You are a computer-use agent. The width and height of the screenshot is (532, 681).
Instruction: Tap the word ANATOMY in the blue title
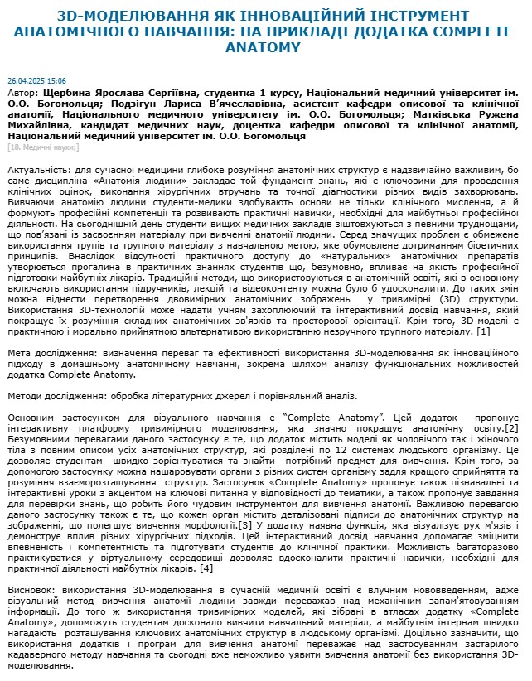pyautogui.click(x=266, y=47)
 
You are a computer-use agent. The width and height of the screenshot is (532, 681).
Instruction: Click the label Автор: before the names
pyautogui.click(x=22, y=94)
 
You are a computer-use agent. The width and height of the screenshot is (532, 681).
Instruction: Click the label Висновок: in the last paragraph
pyautogui.click(x=33, y=589)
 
